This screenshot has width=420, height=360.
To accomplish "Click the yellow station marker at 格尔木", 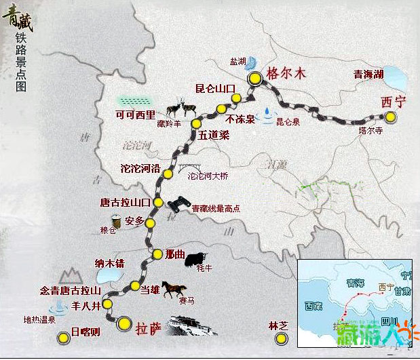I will pos(254,79).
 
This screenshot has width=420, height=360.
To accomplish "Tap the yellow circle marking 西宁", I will pos(391,116).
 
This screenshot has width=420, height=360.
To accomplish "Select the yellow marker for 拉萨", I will pos(123,323).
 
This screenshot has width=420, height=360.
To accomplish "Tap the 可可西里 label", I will pos(135,113).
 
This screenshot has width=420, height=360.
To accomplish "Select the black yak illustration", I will pos(197,256).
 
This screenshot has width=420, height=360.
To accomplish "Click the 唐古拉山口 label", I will pos(125,203).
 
